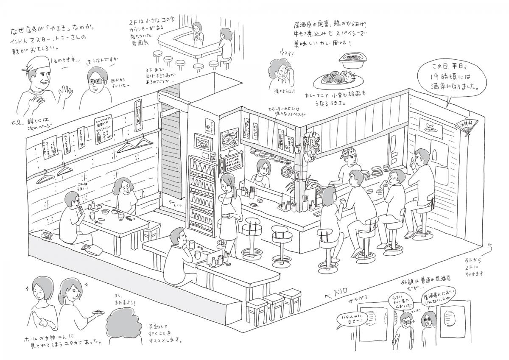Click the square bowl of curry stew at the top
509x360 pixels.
click(x=351, y=61)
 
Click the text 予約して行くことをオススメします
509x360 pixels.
click(x=165, y=333)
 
